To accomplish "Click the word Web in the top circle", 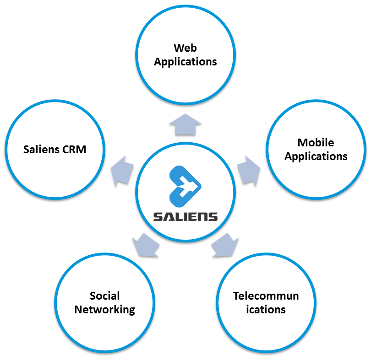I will (185, 48).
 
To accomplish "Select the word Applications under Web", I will (185, 61).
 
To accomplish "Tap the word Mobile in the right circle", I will (316, 142).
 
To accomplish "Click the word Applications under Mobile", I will (316, 156).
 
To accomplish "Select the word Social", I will (104, 296).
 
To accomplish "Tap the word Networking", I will (104, 310).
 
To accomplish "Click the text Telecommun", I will (266, 296).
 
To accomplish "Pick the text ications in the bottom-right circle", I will (266, 310).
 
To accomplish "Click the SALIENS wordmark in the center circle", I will (185, 216).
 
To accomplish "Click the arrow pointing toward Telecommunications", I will (225, 245).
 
